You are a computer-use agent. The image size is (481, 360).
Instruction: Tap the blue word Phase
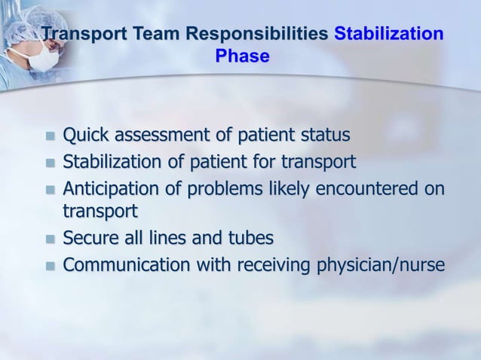point(242,56)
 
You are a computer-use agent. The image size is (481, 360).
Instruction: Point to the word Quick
point(84,136)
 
